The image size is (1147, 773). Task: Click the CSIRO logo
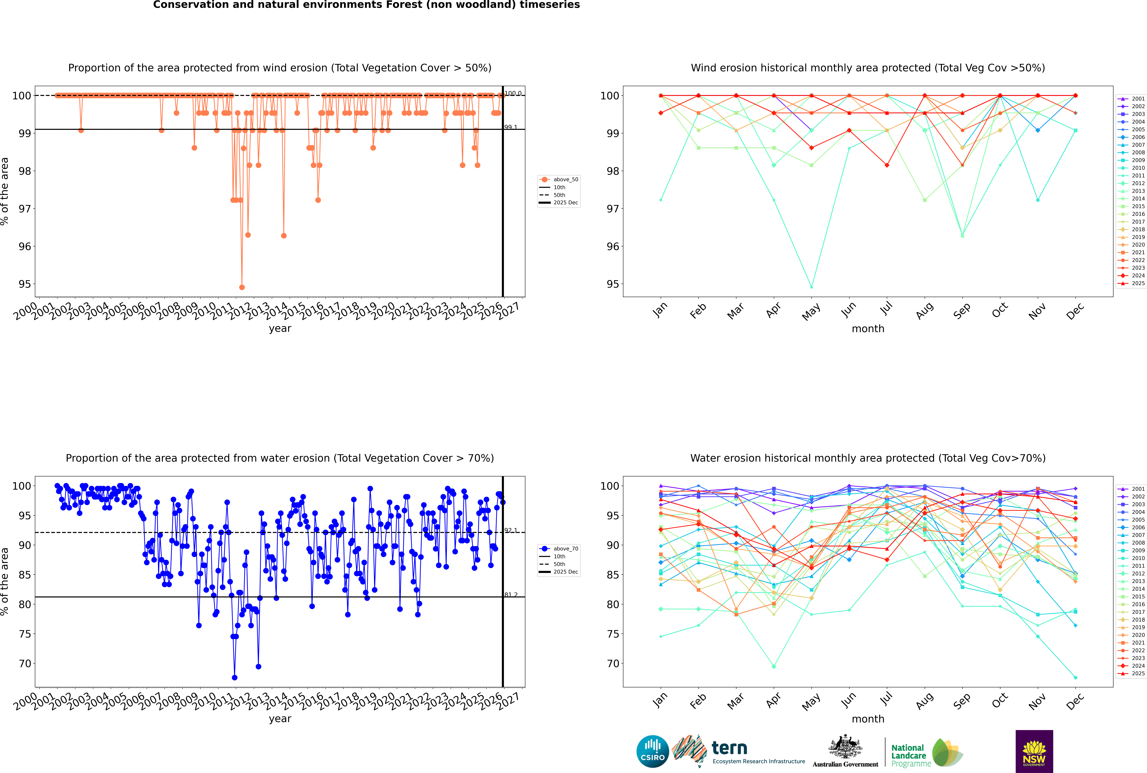pos(652,751)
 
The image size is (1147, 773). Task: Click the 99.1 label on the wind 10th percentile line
pos(511,127)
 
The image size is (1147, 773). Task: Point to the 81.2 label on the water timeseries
pos(511,595)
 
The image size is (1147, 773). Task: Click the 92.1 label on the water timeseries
pos(511,531)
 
